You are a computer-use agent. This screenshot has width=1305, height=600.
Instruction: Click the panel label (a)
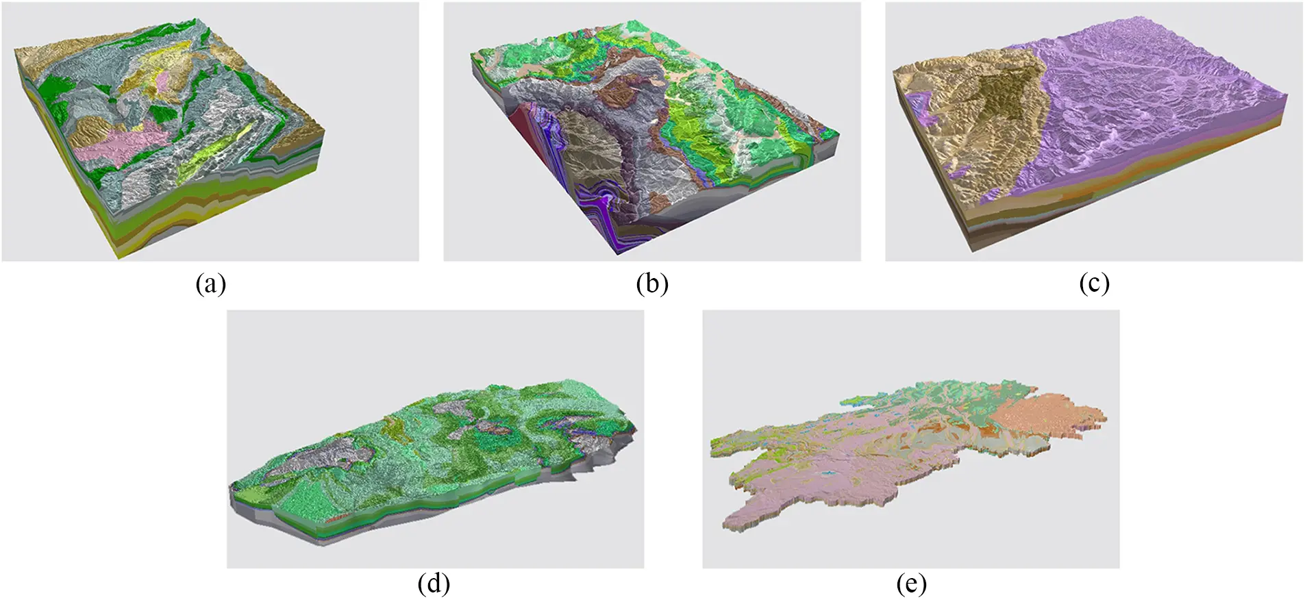coord(210,283)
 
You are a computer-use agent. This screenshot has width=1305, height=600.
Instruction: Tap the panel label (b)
coord(651,283)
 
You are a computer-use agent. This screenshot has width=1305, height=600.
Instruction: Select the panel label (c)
coord(1094,283)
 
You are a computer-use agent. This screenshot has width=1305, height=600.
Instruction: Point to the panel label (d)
coord(434,584)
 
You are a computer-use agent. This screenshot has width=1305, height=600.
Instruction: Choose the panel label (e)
coord(911,584)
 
